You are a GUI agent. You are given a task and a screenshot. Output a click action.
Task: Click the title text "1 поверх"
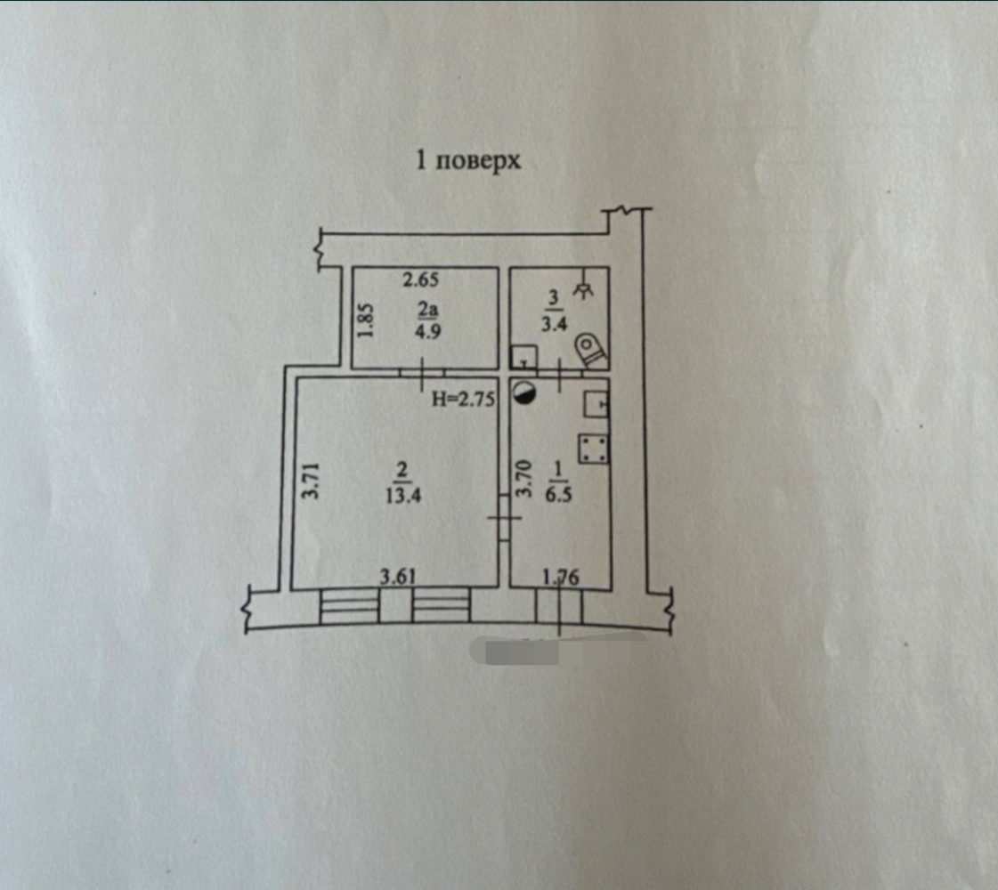(467, 160)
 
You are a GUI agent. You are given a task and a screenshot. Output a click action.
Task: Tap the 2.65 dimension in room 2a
(421, 279)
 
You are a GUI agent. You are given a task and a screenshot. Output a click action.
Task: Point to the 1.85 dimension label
(365, 320)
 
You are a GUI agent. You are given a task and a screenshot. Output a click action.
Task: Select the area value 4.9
(427, 331)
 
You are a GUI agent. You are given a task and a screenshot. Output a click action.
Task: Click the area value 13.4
(403, 494)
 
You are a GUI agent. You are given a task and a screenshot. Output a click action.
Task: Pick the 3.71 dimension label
(310, 481)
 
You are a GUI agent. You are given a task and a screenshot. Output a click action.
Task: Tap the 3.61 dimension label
(398, 577)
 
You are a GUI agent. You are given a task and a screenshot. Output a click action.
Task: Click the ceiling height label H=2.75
(463, 399)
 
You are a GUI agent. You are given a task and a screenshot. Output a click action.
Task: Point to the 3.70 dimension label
(523, 479)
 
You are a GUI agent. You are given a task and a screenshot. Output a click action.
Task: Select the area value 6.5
(558, 494)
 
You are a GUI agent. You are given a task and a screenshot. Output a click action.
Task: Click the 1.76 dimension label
(561, 577)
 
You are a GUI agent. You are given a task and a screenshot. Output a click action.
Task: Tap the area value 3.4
(554, 323)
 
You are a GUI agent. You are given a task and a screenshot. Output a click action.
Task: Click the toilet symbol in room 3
(590, 352)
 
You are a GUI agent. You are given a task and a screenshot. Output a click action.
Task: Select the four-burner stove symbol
(593, 449)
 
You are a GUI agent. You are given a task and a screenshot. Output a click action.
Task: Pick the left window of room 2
(349, 605)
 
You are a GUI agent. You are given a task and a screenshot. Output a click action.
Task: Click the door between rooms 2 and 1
(504, 518)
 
